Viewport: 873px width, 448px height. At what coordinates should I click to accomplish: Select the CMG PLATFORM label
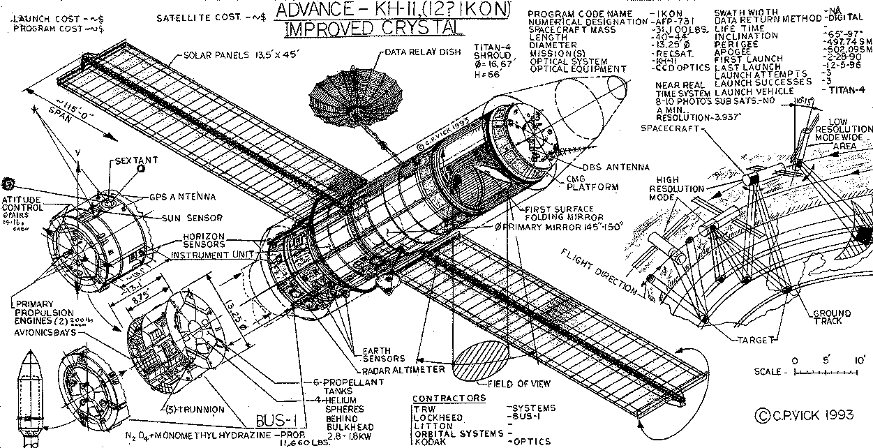[x=592, y=183]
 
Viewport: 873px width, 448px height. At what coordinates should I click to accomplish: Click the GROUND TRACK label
[x=832, y=318]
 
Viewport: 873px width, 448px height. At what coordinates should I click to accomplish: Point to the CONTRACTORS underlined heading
[x=449, y=398]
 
